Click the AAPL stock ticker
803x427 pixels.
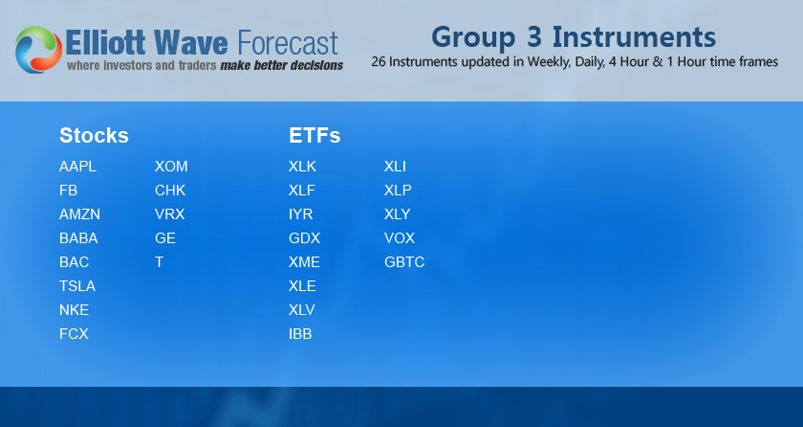tap(77, 167)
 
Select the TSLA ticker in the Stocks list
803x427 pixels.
tap(77, 286)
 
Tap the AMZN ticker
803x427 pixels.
tap(79, 214)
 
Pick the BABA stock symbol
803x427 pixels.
tap(78, 238)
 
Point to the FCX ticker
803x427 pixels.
tap(74, 334)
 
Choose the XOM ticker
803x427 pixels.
tap(171, 167)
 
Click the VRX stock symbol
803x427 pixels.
tap(169, 214)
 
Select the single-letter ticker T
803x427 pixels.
tap(159, 262)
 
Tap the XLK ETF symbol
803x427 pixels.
tap(302, 167)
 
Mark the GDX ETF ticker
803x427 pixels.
tap(304, 238)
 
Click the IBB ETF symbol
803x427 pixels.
tap(300, 334)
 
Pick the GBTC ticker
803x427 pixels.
tap(404, 262)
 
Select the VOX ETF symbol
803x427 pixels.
tap(400, 238)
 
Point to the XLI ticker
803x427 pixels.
tap(395, 167)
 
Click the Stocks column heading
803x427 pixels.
tap(94, 136)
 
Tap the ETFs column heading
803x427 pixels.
tap(315, 136)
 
